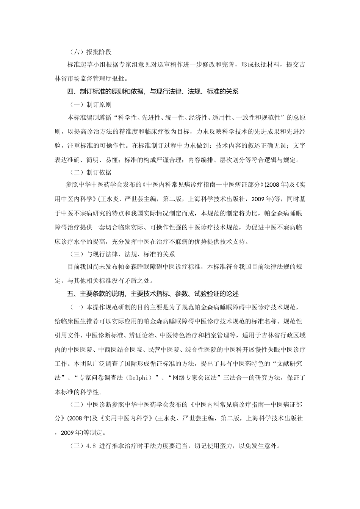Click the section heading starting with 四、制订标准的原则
pyautogui.click(x=153, y=91)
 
